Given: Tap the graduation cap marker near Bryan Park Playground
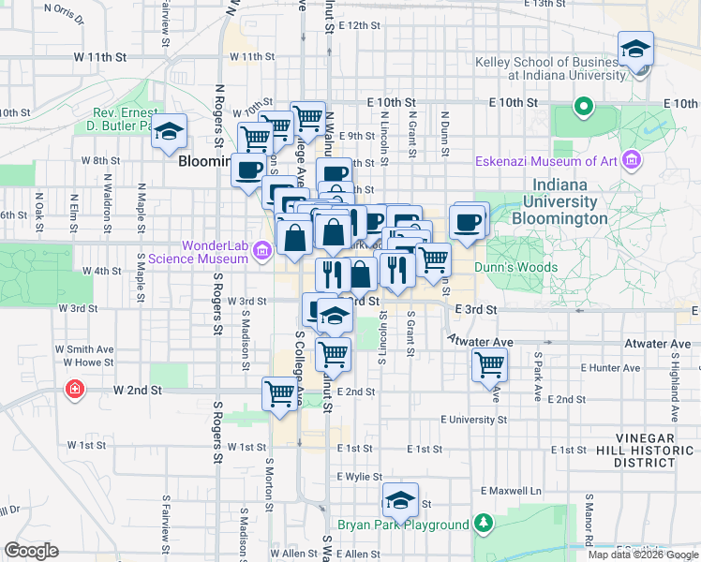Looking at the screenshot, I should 400,501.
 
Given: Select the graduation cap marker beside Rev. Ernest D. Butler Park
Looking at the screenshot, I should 170,132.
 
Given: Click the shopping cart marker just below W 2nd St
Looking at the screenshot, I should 280,394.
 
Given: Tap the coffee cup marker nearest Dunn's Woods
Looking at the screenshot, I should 468,222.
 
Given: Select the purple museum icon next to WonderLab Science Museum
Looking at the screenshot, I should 261,249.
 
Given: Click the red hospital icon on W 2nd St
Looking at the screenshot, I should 74,388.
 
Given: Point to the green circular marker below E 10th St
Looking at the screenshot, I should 583,107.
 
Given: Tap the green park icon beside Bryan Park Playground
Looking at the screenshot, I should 483,523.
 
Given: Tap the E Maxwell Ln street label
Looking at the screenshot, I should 512,491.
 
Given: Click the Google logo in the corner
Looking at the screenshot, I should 31,551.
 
